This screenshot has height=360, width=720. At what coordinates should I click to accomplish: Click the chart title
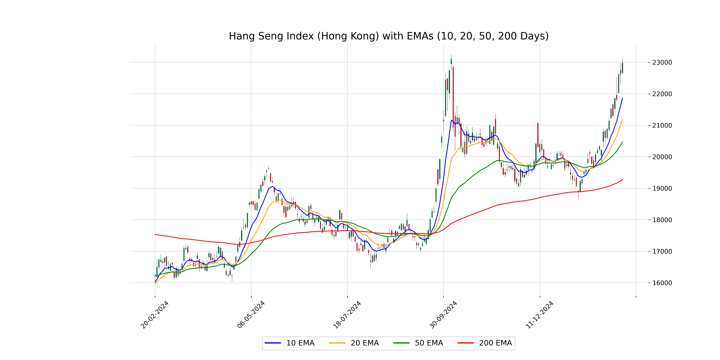click(388, 36)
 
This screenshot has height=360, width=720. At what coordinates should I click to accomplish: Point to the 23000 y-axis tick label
click(662, 63)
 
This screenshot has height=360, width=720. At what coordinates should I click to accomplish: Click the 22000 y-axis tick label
click(662, 94)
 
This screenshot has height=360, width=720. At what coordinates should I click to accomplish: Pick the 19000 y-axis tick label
click(662, 188)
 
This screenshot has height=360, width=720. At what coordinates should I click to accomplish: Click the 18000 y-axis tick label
click(662, 220)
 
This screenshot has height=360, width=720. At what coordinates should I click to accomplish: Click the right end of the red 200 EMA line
click(622, 180)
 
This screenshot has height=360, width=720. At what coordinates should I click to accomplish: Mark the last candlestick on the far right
click(622, 68)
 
